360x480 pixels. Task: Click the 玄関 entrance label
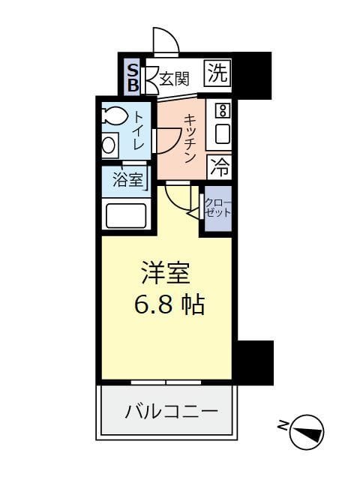coord(173,77)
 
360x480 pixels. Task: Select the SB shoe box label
coord(132,77)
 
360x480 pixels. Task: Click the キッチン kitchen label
coord(190,137)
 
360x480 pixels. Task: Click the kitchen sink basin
coord(221,134)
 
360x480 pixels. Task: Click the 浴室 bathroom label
coord(127,179)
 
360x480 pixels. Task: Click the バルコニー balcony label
coord(171,411)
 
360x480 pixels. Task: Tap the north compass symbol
coord(307,432)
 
